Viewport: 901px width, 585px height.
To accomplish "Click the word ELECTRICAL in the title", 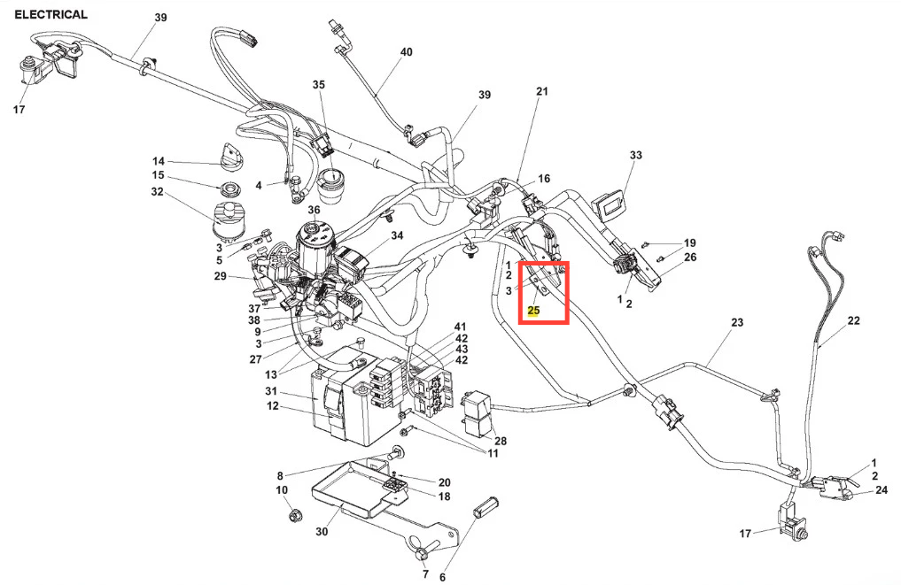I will tap(50, 14).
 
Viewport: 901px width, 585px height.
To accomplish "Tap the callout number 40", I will tap(406, 52).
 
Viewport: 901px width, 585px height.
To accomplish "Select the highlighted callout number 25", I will tap(533, 311).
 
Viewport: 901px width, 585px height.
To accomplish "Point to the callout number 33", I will tap(635, 156).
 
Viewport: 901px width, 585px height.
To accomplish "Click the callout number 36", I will tap(314, 210).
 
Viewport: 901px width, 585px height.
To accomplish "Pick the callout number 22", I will tap(853, 320).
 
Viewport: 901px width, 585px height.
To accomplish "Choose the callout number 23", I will tap(737, 324).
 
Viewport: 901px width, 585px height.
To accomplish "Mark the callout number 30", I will tap(322, 532).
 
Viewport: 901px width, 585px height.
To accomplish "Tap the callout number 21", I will tap(542, 91).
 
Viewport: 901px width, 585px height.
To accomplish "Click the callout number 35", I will tap(319, 85).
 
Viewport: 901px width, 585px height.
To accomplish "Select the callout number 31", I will tap(272, 392).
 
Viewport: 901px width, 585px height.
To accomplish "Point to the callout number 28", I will tap(501, 441).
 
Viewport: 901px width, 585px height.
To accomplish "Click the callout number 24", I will tap(881, 489).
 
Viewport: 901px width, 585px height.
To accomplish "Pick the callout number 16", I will tap(544, 179).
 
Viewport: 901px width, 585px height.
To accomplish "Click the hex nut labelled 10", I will tap(289, 514).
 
